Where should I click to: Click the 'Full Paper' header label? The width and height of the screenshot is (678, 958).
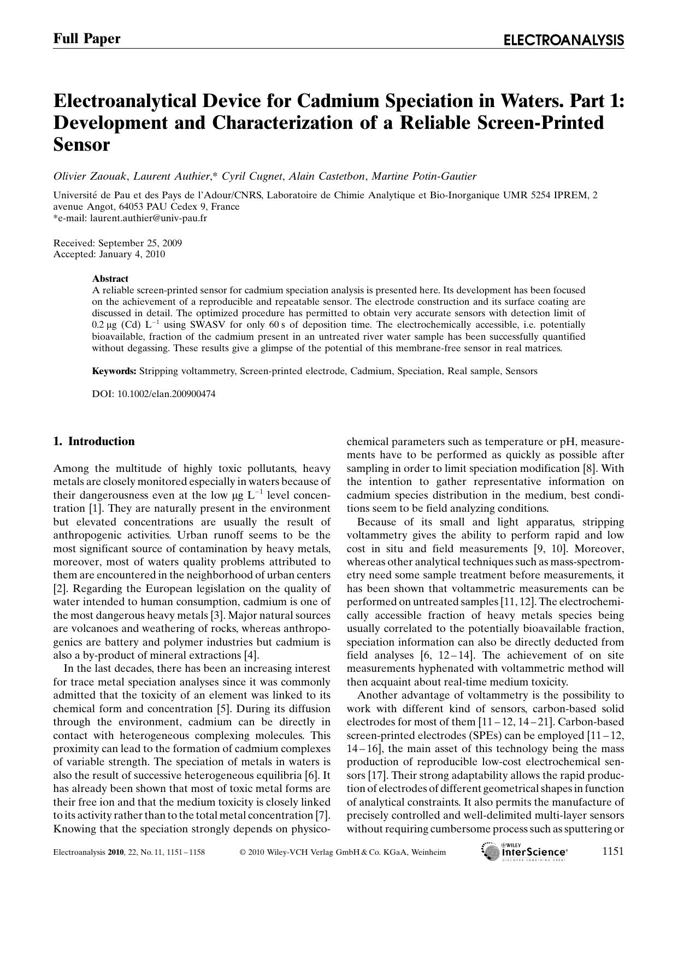click(87, 38)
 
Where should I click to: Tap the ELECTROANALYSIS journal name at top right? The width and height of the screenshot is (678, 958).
click(563, 40)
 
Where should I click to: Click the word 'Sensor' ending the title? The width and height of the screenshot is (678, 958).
click(81, 145)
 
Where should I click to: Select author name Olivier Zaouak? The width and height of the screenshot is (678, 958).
click(90, 176)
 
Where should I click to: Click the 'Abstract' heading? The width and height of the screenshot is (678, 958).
click(110, 279)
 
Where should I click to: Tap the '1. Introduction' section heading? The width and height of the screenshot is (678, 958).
click(93, 441)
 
